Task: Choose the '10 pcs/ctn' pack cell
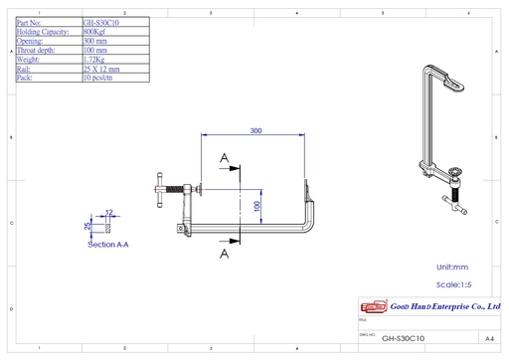tap(98, 78)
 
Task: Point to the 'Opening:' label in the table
tap(33, 40)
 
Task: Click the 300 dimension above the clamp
tap(255, 131)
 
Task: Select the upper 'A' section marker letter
tap(225, 158)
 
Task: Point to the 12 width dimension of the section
tap(109, 213)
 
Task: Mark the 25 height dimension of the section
tap(87, 226)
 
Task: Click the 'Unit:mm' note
tap(458, 268)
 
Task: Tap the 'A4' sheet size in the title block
tap(489, 338)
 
